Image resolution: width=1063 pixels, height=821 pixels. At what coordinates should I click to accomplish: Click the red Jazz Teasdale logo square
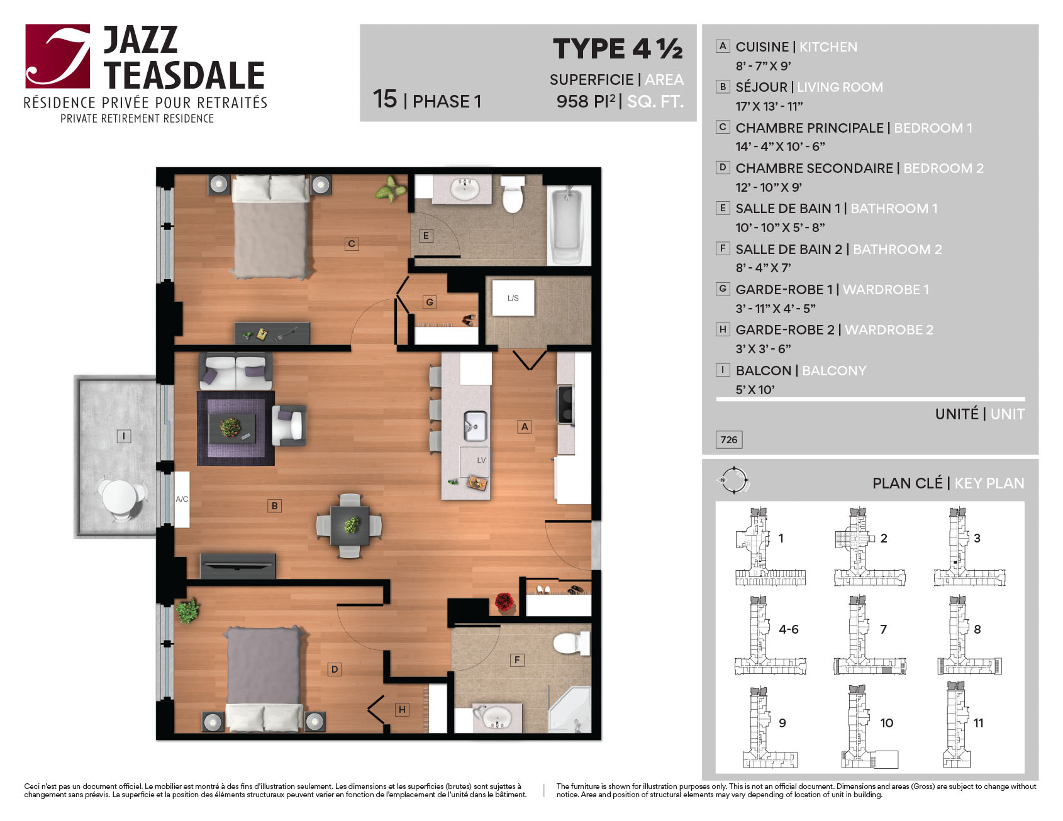click(57, 56)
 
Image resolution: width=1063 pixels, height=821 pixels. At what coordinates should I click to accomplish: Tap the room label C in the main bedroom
click(352, 244)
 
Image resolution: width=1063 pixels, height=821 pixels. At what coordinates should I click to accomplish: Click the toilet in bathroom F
click(570, 643)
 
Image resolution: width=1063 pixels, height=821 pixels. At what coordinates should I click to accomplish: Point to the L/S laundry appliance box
click(513, 298)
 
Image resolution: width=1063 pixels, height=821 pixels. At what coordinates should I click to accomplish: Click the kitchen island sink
click(476, 426)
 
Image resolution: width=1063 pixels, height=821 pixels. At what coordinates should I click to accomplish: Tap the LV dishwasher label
click(481, 460)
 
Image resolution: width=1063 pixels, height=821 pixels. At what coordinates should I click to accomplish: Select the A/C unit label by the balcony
click(182, 499)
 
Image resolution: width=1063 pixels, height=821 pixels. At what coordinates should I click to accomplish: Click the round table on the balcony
click(120, 497)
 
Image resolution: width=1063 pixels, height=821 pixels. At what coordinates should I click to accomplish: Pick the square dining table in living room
click(349, 526)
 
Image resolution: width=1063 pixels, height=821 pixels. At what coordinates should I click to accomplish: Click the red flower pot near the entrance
click(504, 603)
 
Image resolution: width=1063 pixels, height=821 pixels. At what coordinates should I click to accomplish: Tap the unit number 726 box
click(729, 439)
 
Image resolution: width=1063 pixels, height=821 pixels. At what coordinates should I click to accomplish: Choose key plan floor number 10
click(886, 723)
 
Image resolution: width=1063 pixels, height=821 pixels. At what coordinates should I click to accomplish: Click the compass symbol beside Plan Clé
click(733, 481)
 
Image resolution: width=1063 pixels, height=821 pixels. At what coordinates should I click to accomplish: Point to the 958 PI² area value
click(586, 101)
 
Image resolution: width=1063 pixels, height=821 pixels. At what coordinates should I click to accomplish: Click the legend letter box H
click(723, 329)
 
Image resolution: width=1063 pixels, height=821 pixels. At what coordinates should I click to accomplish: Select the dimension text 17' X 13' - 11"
click(769, 106)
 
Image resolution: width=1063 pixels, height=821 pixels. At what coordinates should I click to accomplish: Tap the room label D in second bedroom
click(335, 669)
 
